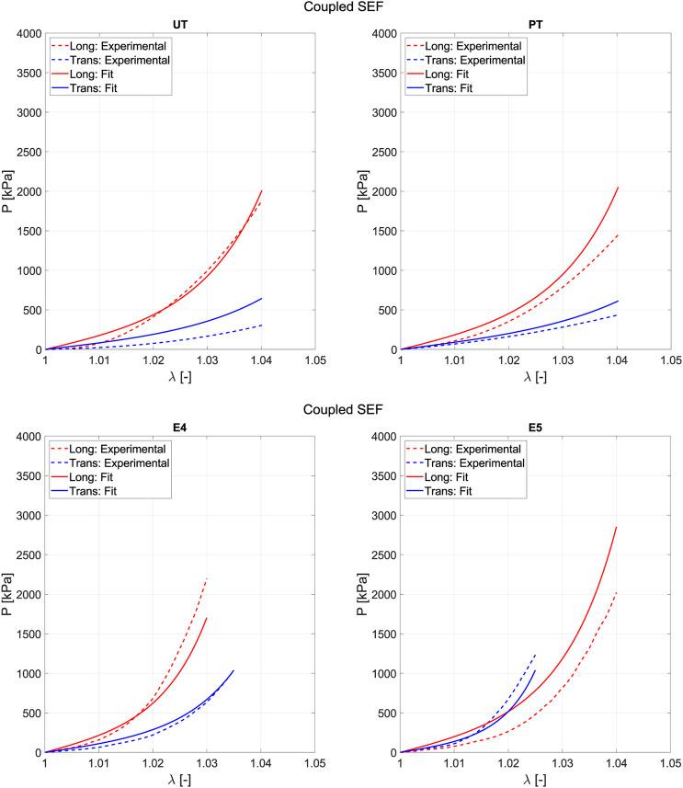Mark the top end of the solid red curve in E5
pyautogui.click(x=616, y=527)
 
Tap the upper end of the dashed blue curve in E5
pyautogui.click(x=535, y=655)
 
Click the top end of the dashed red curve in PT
pyautogui.click(x=616, y=234)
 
